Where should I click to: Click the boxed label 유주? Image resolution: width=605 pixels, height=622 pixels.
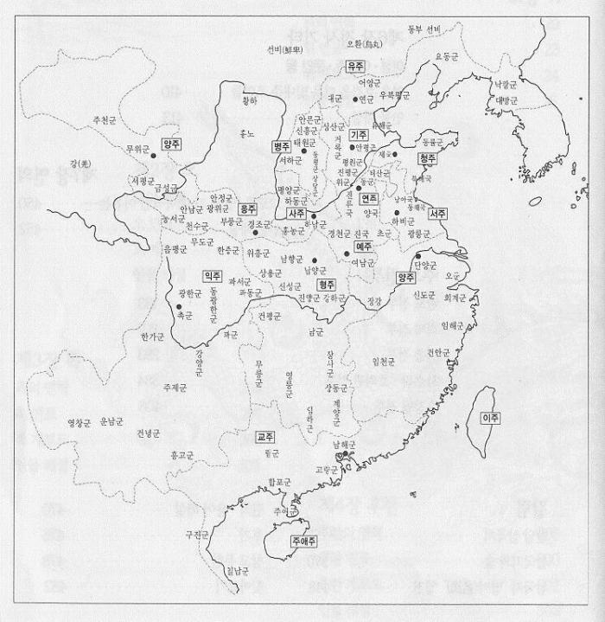point(355,67)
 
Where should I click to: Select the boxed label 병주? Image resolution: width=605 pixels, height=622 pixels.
point(282,146)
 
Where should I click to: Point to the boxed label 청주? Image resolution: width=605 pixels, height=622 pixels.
point(427,159)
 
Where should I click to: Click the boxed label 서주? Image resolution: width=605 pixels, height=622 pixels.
point(437,213)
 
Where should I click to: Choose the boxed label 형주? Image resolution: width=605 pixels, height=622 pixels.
point(326,283)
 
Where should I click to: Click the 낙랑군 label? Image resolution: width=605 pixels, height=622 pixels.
point(505,84)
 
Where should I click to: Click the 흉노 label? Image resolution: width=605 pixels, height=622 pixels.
point(246,134)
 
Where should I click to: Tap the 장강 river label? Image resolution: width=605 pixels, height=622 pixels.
point(373,302)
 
